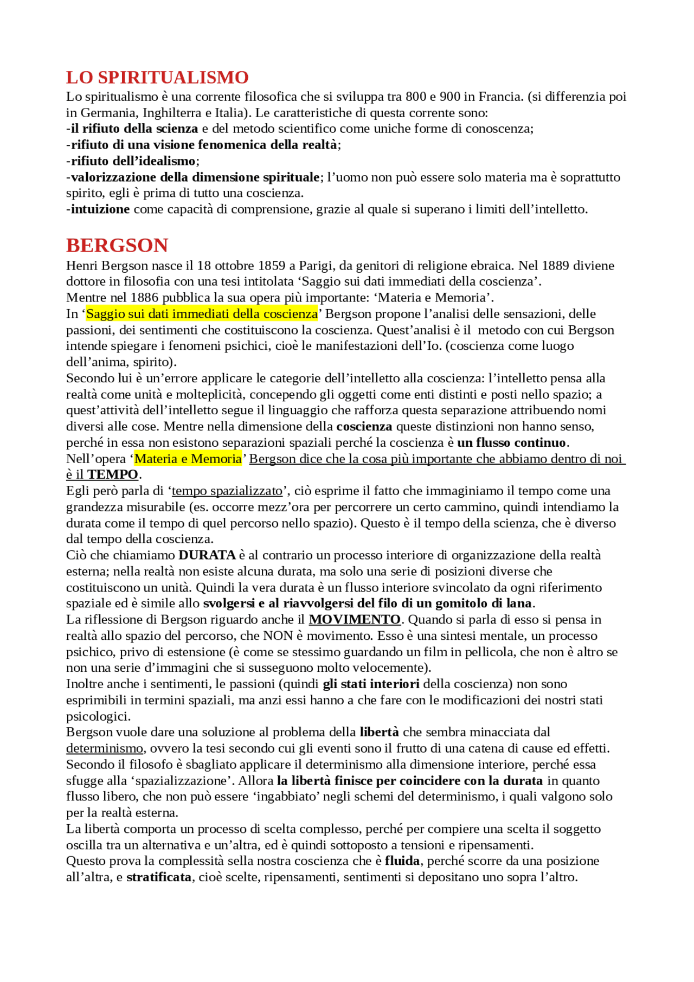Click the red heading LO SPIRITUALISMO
click(157, 78)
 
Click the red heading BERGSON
click(117, 246)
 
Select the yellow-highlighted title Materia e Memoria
click(188, 459)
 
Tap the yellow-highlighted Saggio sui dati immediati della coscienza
click(202, 314)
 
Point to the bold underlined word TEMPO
click(113, 474)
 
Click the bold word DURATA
click(207, 555)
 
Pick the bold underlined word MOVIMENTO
click(355, 619)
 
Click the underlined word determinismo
click(105, 748)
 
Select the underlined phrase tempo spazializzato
click(227, 491)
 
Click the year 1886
click(144, 298)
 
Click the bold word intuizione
click(100, 209)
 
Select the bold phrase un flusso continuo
click(511, 442)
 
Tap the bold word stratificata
click(159, 877)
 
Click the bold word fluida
click(402, 861)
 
